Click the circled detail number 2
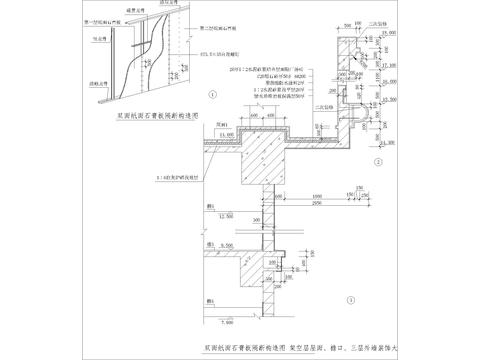[377, 160]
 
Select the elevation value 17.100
[390, 56]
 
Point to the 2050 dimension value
[316, 201]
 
